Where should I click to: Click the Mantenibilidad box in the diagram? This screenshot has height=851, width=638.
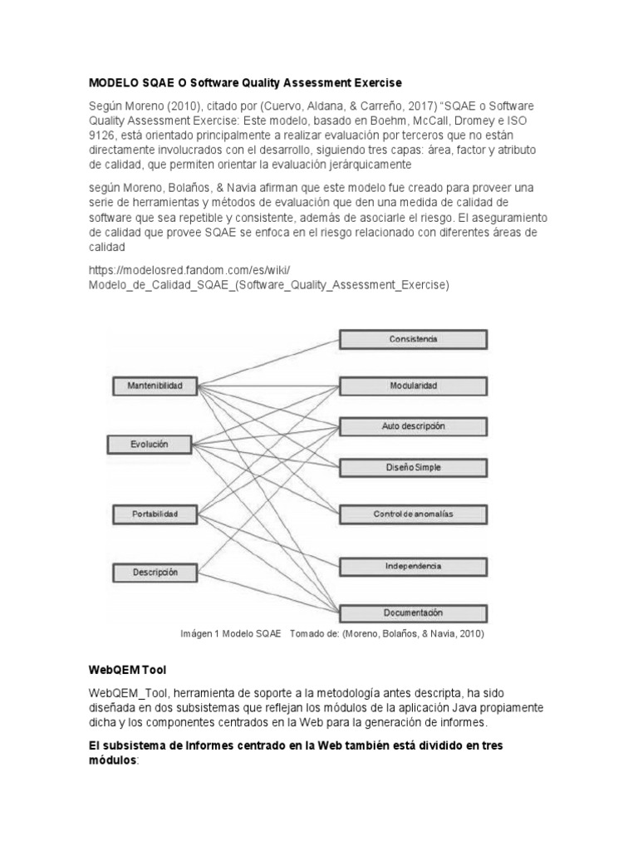[155, 386]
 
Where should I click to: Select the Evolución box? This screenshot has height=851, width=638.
[150, 445]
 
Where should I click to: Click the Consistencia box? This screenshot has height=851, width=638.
[413, 339]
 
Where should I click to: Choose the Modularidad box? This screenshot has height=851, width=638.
[413, 386]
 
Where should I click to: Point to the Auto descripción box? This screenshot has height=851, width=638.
[413, 426]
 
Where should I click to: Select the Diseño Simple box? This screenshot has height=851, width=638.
[413, 467]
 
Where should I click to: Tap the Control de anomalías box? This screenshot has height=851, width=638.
[413, 514]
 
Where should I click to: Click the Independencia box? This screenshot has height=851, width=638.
[413, 566]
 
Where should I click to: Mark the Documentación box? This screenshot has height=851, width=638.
[413, 613]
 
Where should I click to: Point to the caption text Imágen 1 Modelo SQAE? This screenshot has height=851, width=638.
[231, 633]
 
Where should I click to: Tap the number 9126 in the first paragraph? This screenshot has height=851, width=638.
[104, 135]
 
